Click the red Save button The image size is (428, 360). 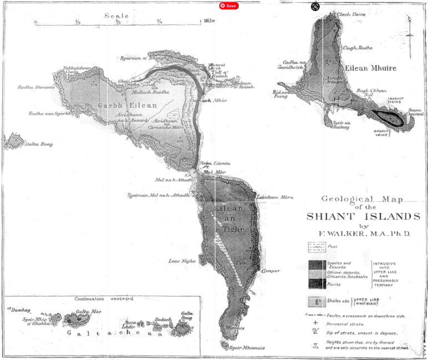(x=228, y=6)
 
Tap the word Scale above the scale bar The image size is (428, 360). (x=117, y=16)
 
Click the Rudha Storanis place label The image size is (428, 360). (x=37, y=87)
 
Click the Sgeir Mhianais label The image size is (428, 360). (x=248, y=348)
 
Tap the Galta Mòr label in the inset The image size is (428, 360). (x=83, y=311)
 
